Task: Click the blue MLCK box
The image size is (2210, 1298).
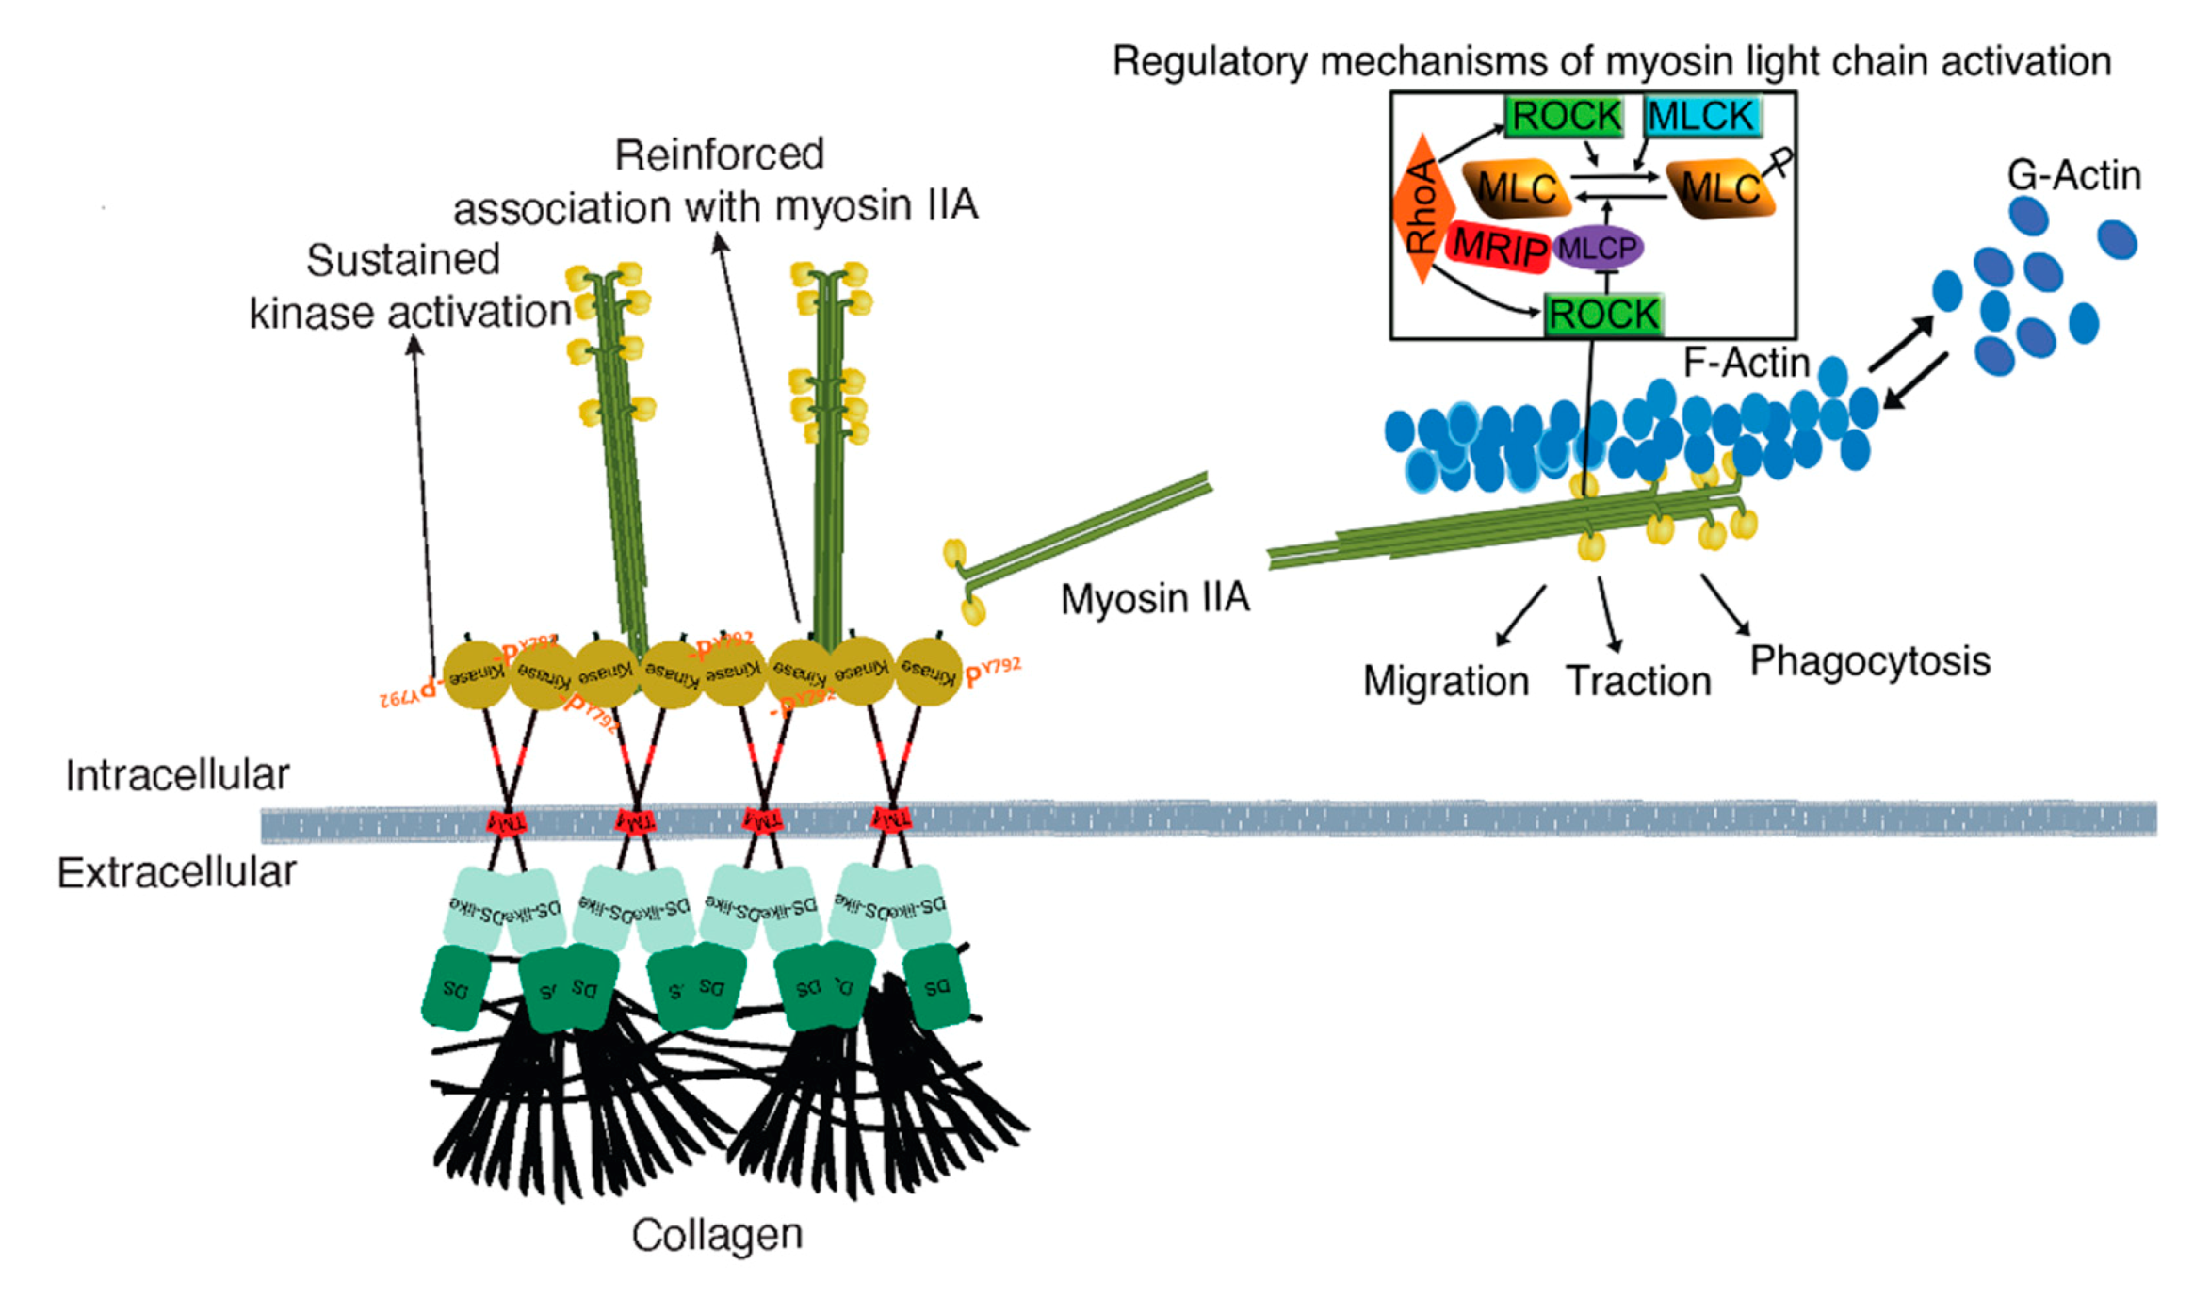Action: click(x=1701, y=117)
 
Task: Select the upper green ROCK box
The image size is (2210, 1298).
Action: click(x=1565, y=117)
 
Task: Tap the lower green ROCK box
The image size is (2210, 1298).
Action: click(x=1602, y=315)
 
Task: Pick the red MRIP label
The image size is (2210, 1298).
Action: click(x=1498, y=248)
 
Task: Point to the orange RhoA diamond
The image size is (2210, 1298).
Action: click(x=1422, y=208)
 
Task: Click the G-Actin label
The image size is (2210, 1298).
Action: click(x=2073, y=175)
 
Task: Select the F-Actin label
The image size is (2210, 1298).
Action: click(x=1746, y=363)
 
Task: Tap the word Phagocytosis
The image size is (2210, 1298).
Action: click(x=1869, y=661)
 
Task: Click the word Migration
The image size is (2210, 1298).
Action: click(x=1445, y=681)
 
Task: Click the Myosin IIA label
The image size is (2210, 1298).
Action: click(x=1154, y=599)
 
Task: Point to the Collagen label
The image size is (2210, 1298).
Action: click(x=716, y=1235)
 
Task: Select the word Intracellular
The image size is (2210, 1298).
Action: click(x=177, y=775)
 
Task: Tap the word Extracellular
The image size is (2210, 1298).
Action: click(x=176, y=873)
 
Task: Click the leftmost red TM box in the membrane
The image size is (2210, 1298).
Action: click(x=507, y=823)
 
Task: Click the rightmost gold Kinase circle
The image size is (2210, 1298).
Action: click(x=928, y=672)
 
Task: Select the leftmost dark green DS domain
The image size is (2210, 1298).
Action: click(x=456, y=989)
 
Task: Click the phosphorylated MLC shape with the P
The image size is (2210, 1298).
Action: click(x=1720, y=188)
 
